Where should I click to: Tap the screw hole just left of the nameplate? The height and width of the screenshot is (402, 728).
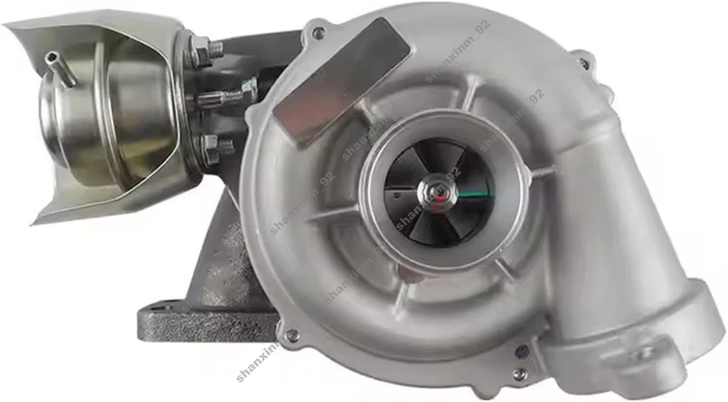[317, 33]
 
